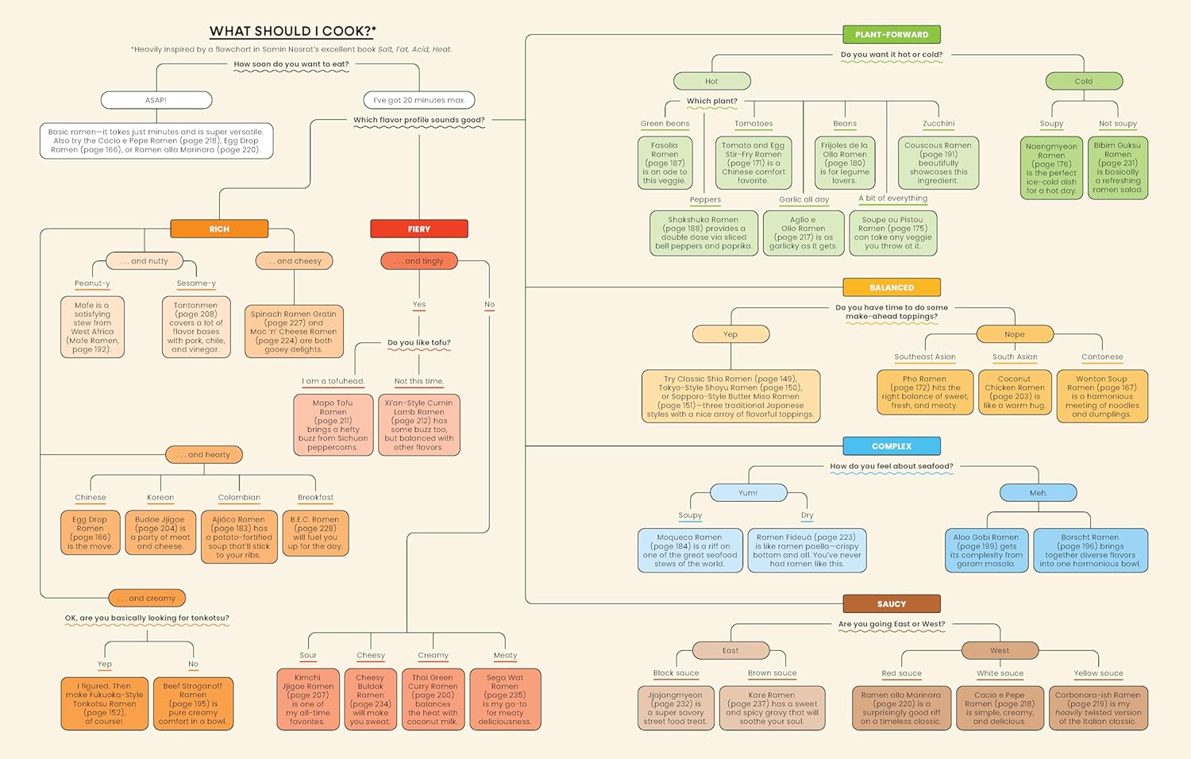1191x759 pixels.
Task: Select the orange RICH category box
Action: pos(219,229)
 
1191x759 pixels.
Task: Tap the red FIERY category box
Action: pos(419,229)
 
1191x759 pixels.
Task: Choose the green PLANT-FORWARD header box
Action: pos(891,34)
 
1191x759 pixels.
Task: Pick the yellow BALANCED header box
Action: pos(891,287)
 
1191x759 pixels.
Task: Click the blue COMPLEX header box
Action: pos(891,446)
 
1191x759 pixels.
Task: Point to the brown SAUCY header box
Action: pos(891,604)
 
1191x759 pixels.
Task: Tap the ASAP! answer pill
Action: pos(156,100)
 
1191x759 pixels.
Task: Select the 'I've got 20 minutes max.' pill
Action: pos(419,100)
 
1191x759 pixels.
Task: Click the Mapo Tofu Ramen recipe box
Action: pos(333,425)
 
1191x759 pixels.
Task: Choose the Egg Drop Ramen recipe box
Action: pos(90,533)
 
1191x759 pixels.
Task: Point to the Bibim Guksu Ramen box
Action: pos(1117,168)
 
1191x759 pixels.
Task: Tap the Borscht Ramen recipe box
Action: pos(1090,550)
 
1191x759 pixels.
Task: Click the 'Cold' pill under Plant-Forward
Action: pos(1084,81)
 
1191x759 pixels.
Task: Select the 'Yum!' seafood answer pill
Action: pos(748,493)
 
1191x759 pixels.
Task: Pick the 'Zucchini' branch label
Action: pos(939,124)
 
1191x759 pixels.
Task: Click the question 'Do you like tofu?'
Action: pos(418,343)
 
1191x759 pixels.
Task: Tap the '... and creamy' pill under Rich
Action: pos(148,598)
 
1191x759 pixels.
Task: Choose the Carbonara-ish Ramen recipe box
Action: pos(1097,708)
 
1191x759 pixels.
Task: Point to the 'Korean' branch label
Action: pos(160,498)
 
